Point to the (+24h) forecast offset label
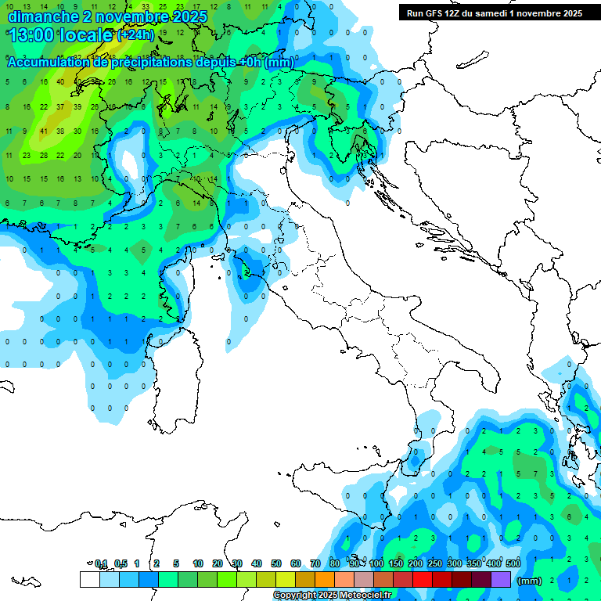[135, 35]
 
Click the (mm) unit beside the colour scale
[530, 581]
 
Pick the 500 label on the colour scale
[513, 563]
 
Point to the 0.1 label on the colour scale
[101, 563]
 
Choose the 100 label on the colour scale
[376, 563]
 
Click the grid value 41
[44, 131]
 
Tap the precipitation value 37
[61, 106]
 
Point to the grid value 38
[61, 131]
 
